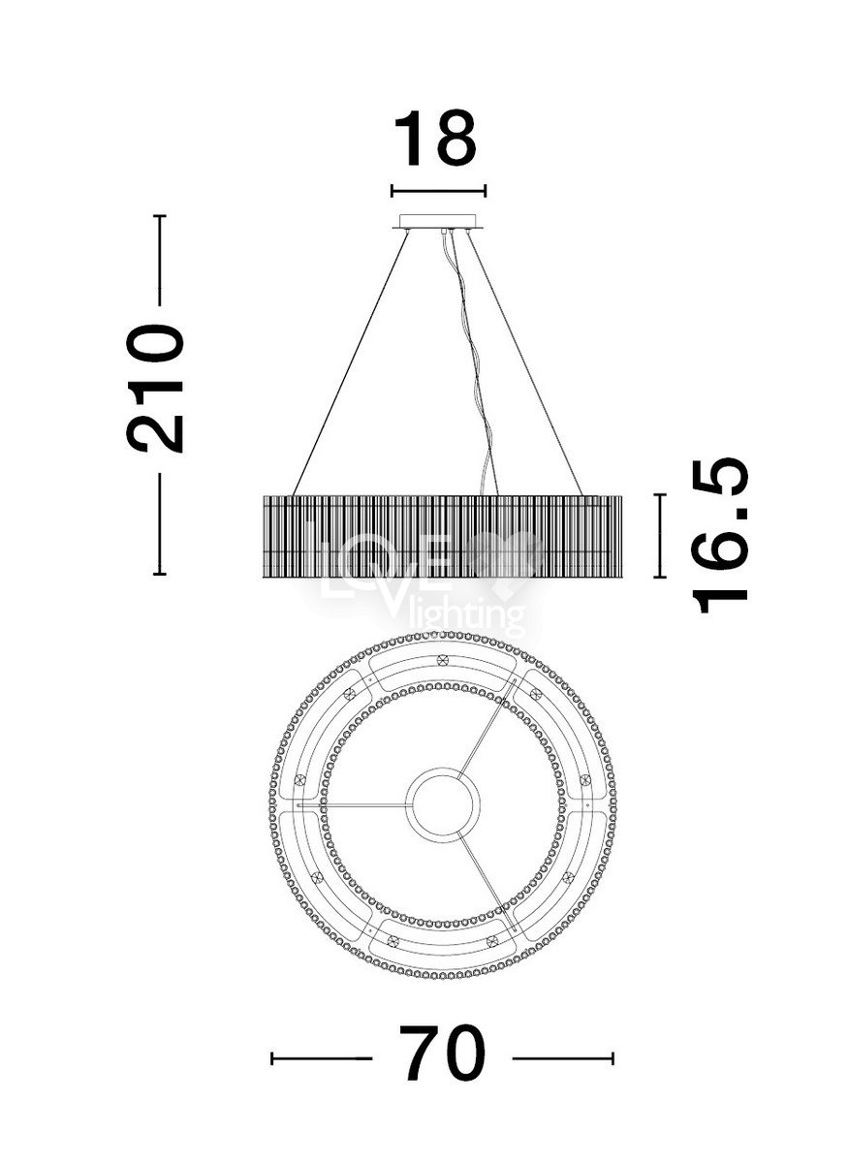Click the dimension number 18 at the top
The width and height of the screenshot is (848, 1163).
pos(434,138)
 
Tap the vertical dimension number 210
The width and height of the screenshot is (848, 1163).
pos(154,389)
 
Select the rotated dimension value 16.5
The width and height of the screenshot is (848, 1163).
pos(719,535)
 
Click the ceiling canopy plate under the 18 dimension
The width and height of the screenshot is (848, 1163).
pos(439,222)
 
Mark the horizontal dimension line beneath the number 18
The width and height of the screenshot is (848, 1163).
pos(439,191)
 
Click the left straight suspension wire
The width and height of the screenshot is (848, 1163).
pos(351,363)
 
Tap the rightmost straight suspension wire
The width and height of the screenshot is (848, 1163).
pos(525,363)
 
